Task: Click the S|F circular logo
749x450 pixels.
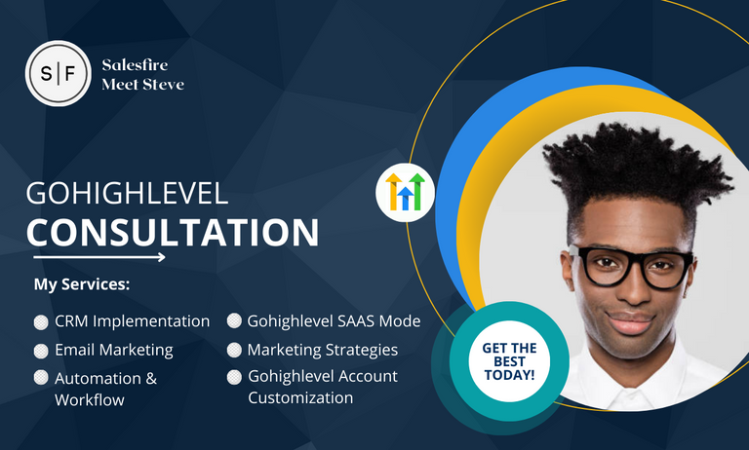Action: pyautogui.click(x=58, y=73)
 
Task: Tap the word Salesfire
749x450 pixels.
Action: pyautogui.click(x=135, y=64)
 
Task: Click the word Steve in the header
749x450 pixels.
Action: pyautogui.click(x=164, y=85)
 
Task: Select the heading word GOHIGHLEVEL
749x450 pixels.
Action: pyautogui.click(x=127, y=193)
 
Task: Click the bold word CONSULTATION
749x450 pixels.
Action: pyautogui.click(x=173, y=233)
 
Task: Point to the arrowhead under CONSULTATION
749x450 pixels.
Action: pyautogui.click(x=162, y=257)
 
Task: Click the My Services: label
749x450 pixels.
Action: pyautogui.click(x=82, y=284)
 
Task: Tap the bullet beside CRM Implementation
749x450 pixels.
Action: pyautogui.click(x=41, y=322)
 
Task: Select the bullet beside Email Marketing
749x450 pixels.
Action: pyautogui.click(x=41, y=351)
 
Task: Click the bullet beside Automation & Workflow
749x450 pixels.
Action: pyautogui.click(x=41, y=378)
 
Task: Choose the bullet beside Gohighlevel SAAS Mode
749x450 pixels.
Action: pyautogui.click(x=234, y=320)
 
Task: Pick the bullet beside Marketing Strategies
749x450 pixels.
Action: pyautogui.click(x=234, y=350)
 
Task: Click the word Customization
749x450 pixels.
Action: pyautogui.click(x=300, y=397)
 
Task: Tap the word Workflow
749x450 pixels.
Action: pyautogui.click(x=90, y=400)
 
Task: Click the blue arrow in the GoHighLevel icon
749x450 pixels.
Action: pyautogui.click(x=405, y=198)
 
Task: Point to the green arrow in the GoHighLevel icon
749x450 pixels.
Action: pyautogui.click(x=417, y=191)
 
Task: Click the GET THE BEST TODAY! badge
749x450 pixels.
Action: pyautogui.click(x=509, y=361)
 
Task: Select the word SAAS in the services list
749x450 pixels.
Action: pyautogui.click(x=357, y=321)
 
